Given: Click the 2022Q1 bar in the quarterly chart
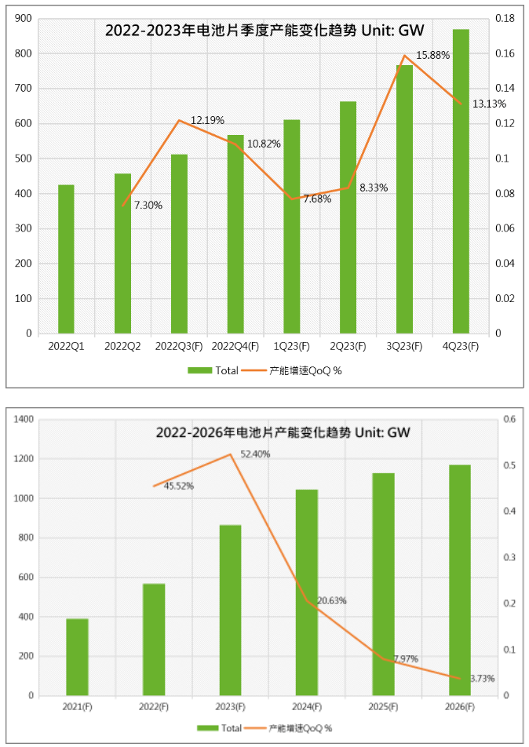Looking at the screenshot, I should [x=66, y=259].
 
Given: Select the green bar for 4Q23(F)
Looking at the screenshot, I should [x=461, y=181].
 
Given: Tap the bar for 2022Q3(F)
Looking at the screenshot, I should [x=179, y=244].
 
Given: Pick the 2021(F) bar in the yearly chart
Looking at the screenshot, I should [x=77, y=657].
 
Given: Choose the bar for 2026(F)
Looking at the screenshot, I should [x=460, y=580].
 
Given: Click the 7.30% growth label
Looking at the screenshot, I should [x=148, y=206].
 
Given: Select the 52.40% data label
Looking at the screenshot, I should [x=255, y=454].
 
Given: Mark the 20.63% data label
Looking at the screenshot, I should [x=331, y=601].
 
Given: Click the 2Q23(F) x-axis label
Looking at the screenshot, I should [x=348, y=346].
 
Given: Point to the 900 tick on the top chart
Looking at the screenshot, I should [x=24, y=19].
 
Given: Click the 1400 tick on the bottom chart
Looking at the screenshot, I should [x=25, y=420].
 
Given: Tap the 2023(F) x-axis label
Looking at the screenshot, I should [x=231, y=707].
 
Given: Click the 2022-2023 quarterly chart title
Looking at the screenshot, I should [x=264, y=31].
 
